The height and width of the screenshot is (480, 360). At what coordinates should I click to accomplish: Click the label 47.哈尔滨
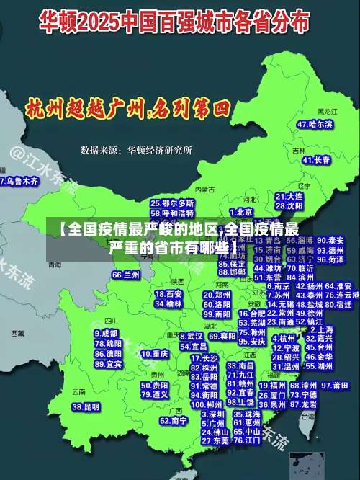pyautogui.click(x=315, y=125)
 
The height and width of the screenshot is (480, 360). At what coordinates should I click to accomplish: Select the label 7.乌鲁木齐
pyautogui.click(x=19, y=182)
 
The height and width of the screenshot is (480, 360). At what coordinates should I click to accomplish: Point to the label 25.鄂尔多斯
pyautogui.click(x=172, y=204)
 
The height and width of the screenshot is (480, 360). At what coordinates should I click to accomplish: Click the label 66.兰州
pyautogui.click(x=126, y=275)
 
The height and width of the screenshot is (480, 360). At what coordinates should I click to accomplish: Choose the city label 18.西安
pyautogui.click(x=168, y=294)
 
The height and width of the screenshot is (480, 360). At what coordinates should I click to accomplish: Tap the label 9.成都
pyautogui.click(x=106, y=334)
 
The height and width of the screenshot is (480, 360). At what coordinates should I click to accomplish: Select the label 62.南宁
pyautogui.click(x=174, y=420)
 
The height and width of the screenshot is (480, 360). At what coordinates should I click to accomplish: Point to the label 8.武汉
pyautogui.click(x=191, y=336)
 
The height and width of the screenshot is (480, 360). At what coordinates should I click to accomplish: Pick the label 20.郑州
pyautogui.click(x=218, y=295)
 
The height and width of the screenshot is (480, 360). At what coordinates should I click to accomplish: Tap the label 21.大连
pyautogui.click(x=288, y=196)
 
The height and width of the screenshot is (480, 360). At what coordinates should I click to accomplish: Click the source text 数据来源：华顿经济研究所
pyautogui.click(x=137, y=151)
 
